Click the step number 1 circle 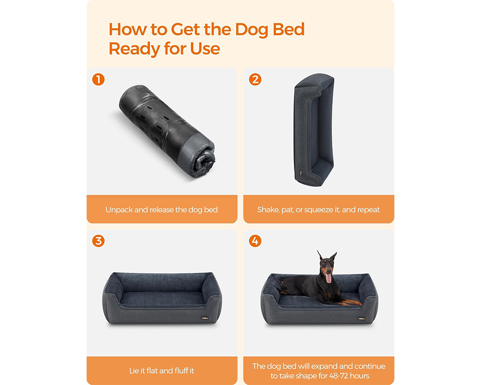click(x=98, y=79)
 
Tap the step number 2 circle click(x=255, y=79)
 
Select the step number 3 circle click(x=98, y=241)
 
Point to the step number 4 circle click(x=255, y=241)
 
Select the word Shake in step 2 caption click(x=267, y=210)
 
